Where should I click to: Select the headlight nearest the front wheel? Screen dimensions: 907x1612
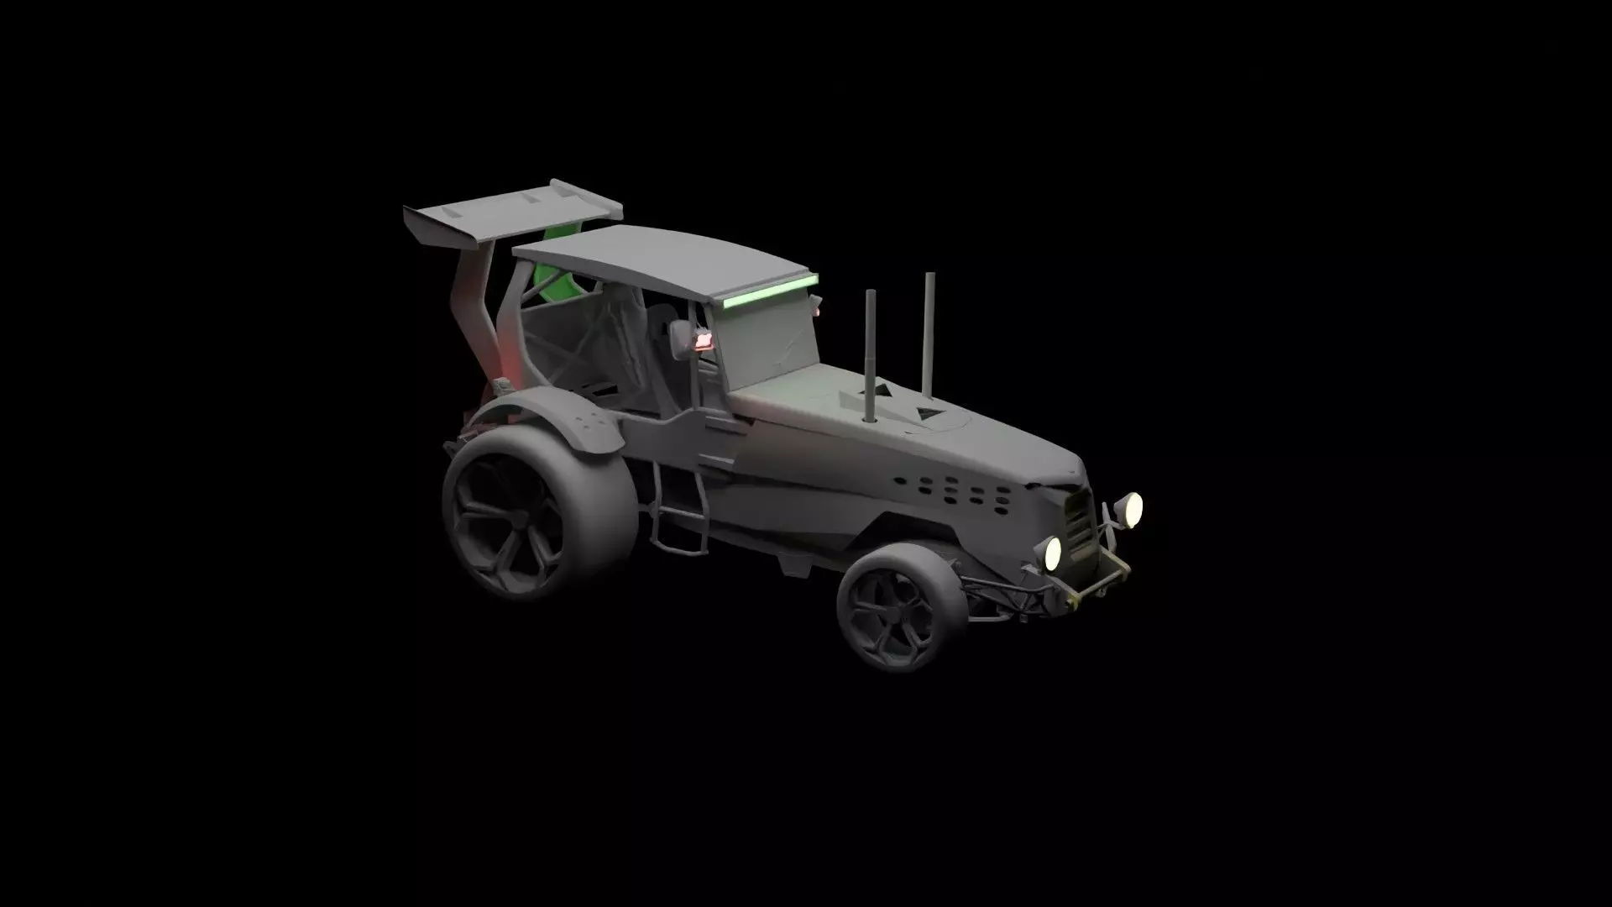point(1052,552)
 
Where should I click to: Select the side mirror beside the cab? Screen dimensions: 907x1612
point(679,339)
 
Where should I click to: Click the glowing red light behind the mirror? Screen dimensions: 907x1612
point(703,340)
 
